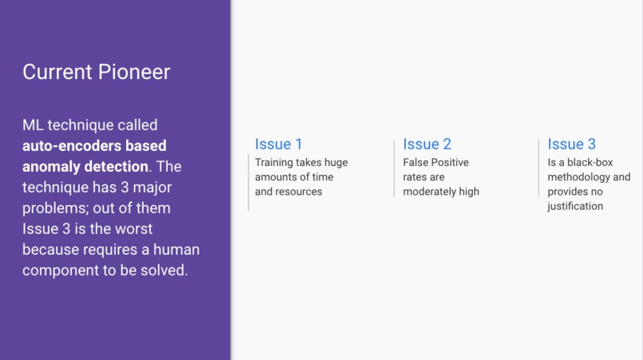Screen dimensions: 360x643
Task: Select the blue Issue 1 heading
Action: [278, 144]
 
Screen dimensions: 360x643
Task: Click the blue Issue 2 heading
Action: [427, 144]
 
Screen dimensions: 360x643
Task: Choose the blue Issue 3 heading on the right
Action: [571, 144]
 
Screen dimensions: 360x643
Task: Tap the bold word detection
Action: [117, 167]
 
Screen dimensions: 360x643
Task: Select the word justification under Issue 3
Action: [575, 206]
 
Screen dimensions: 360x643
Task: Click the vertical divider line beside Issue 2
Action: [394, 168]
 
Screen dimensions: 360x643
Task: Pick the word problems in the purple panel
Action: [54, 208]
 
